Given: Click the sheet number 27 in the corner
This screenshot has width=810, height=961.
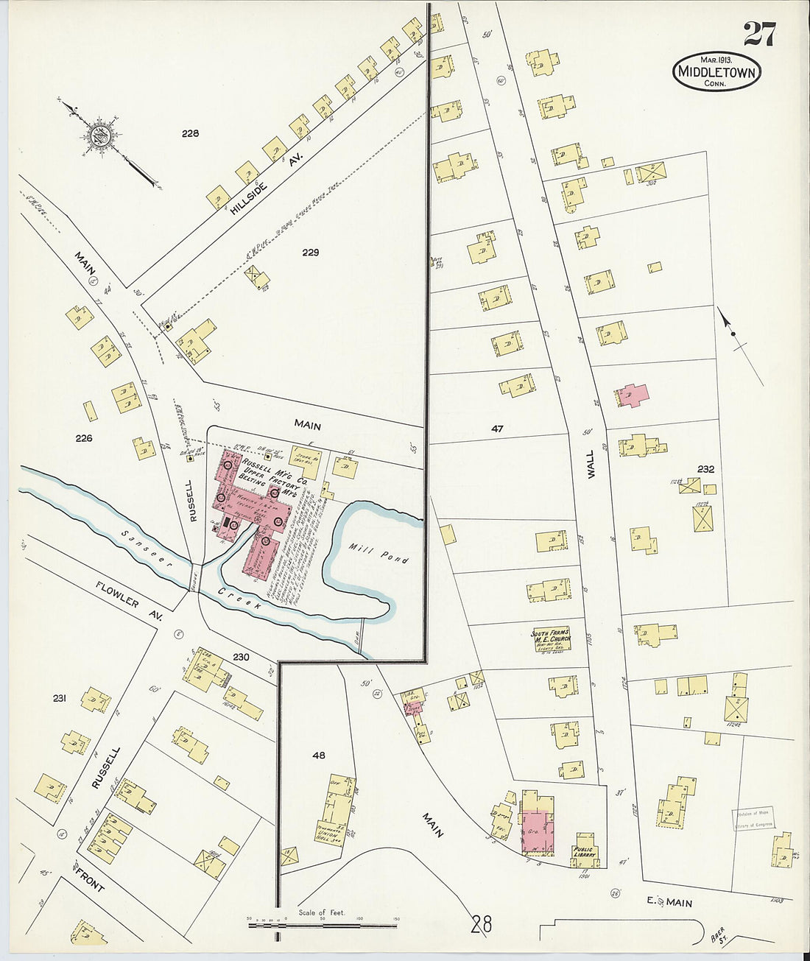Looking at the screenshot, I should coord(758,33).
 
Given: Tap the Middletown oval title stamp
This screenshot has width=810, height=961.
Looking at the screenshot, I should coord(716,72).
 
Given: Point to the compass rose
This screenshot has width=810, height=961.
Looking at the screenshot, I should coord(99,135).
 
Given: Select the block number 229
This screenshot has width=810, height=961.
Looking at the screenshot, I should coord(310,253).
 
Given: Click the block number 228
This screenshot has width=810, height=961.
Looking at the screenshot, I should coord(191,133).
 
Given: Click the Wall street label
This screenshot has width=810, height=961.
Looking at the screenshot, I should coord(591,466).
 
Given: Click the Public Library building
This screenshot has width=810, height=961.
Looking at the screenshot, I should coord(587,851).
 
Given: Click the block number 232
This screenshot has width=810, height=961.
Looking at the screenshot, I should coord(705,468).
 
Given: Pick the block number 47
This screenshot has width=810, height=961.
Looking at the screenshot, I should coord(497,428).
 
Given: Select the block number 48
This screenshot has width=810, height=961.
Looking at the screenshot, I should coord(318,755).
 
